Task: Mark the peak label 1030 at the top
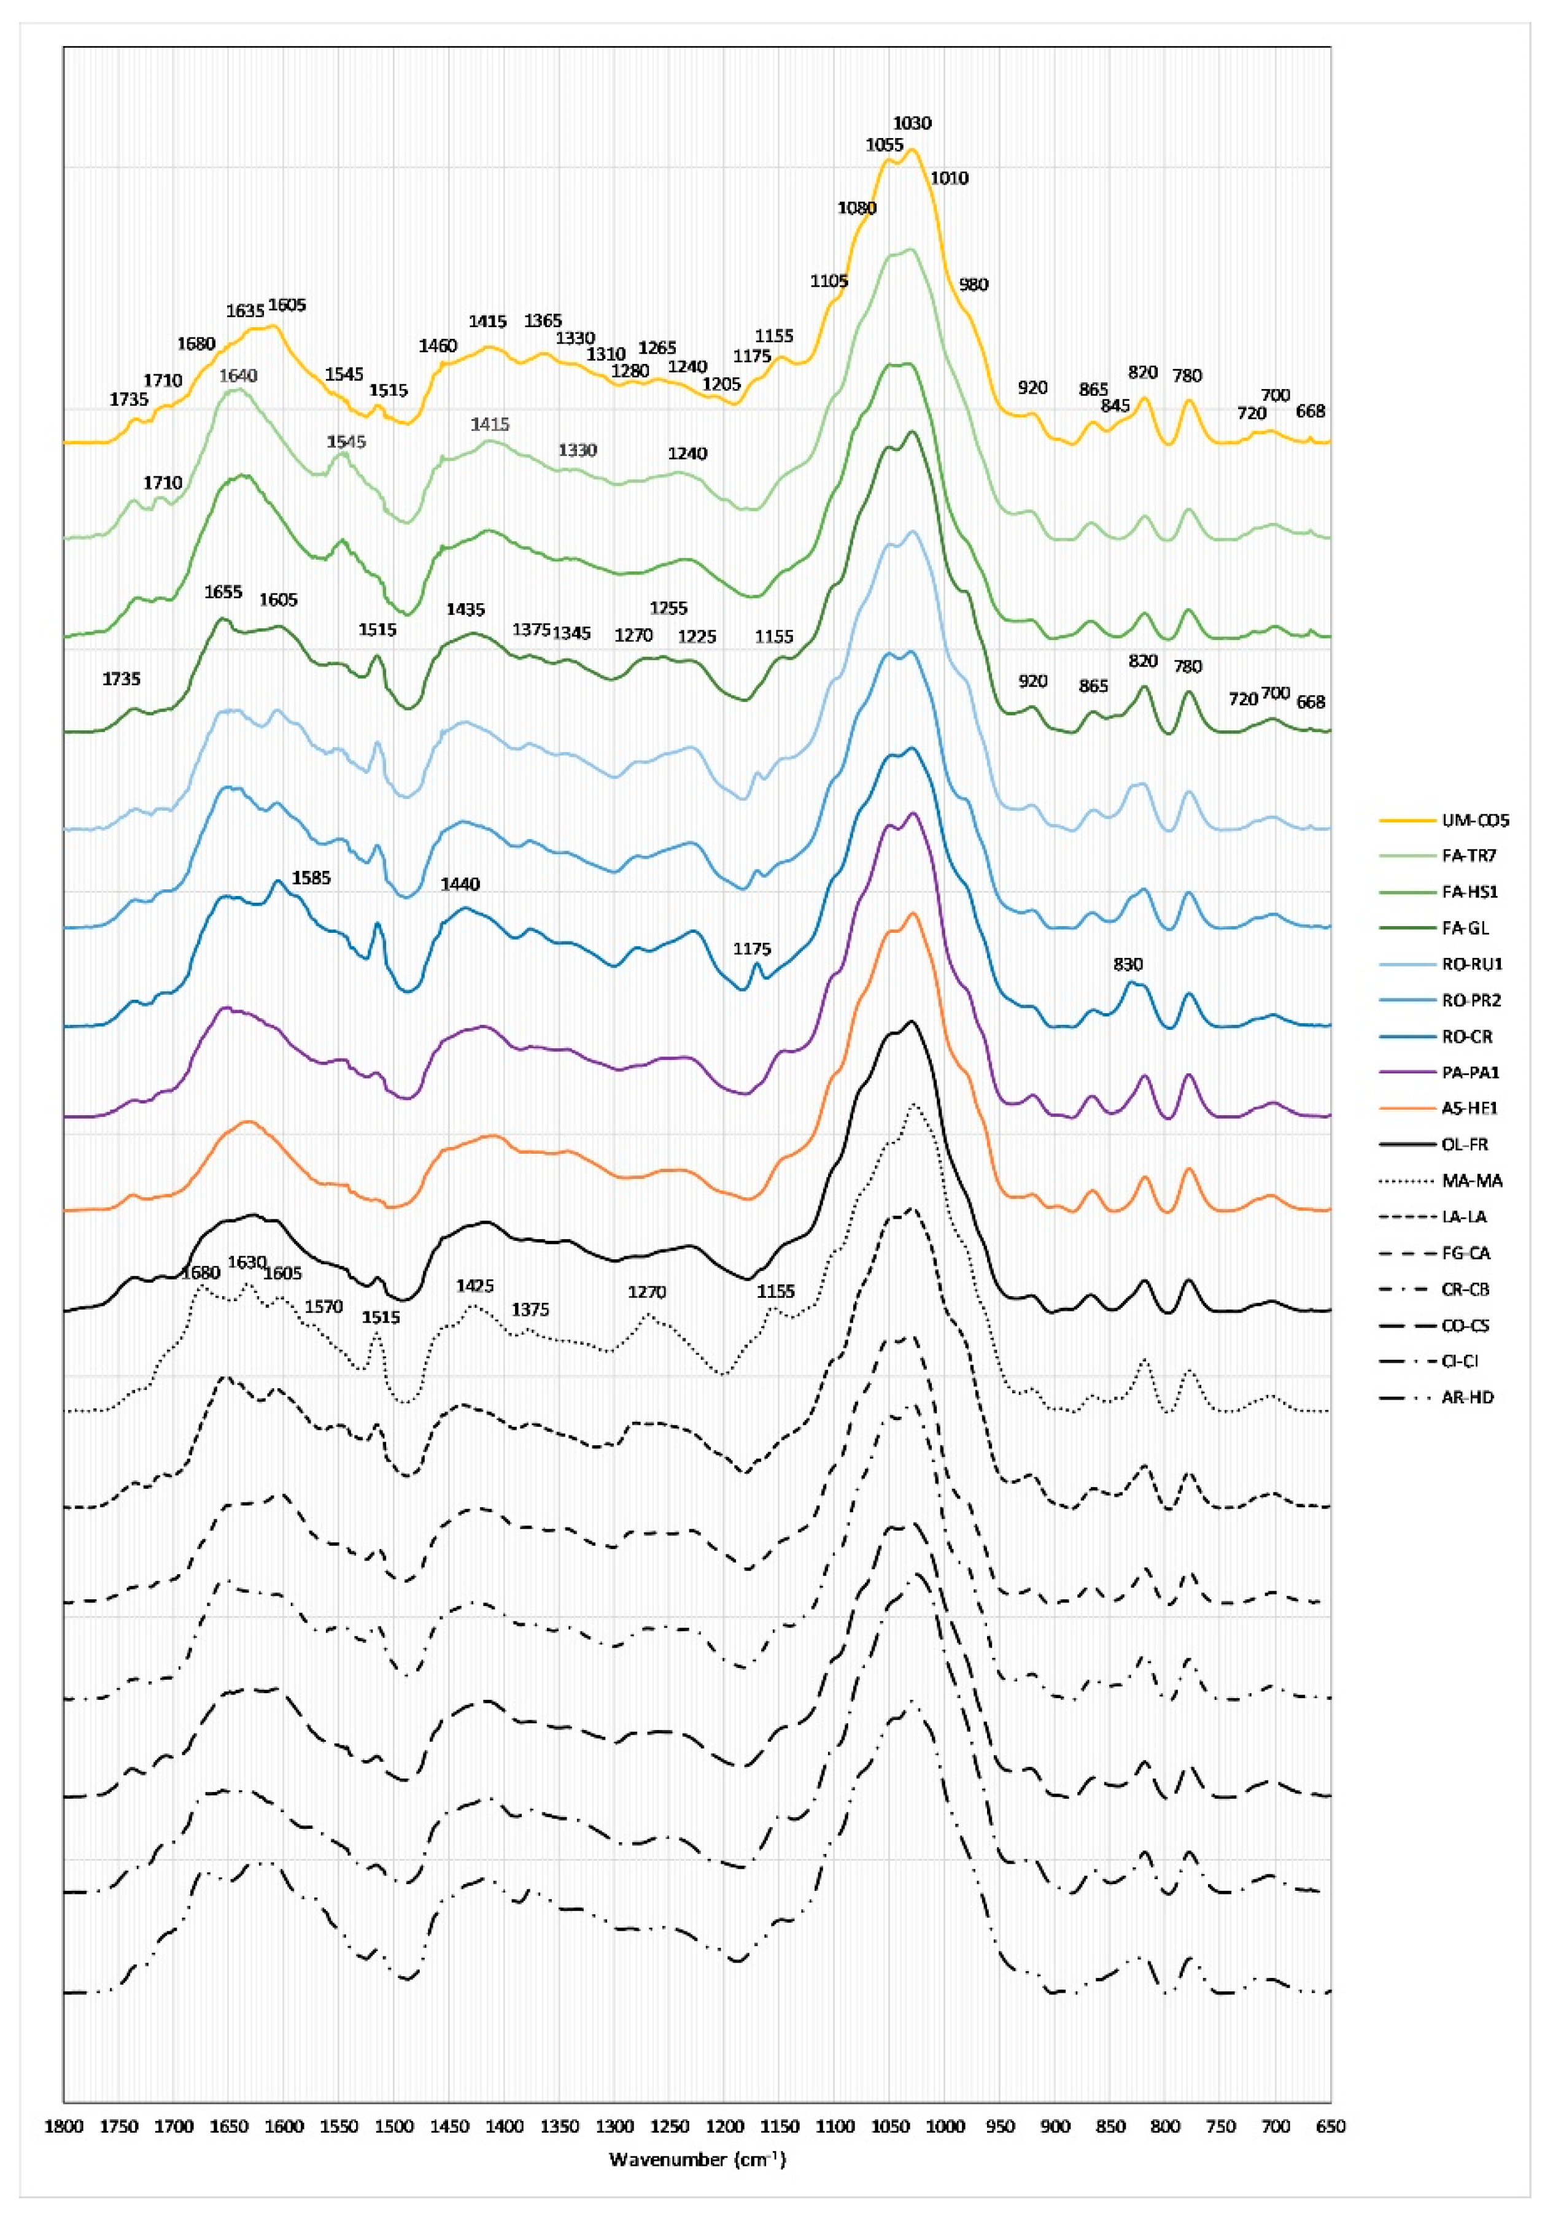click(x=912, y=123)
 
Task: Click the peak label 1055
click(x=884, y=145)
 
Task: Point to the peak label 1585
click(x=311, y=878)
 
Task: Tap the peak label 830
click(x=1128, y=964)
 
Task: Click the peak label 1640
click(x=238, y=376)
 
